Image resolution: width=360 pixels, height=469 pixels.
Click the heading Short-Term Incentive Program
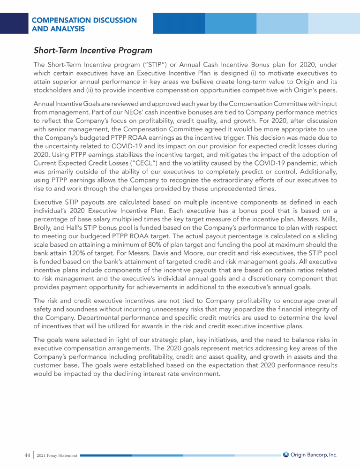(x=93, y=50)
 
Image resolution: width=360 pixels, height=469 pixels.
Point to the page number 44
(x=27, y=454)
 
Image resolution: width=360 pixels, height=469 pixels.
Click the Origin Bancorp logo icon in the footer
(x=286, y=454)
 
